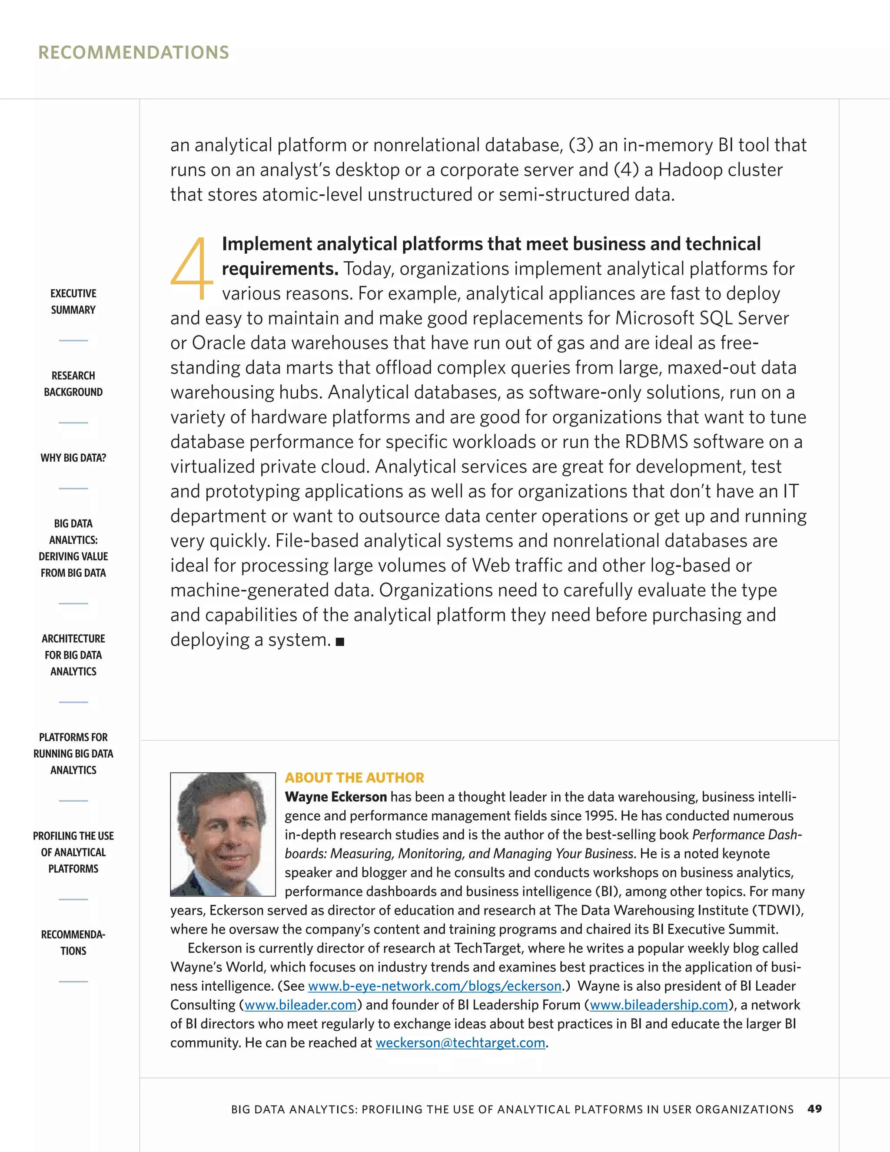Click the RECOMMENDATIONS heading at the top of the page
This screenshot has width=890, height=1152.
[x=133, y=52]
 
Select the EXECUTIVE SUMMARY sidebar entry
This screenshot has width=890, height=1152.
[x=73, y=301]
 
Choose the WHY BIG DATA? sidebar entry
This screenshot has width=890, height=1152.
[x=73, y=458]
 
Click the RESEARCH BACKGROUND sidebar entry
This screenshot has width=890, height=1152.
[x=73, y=383]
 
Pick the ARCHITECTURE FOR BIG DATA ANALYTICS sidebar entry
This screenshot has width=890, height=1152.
[x=73, y=655]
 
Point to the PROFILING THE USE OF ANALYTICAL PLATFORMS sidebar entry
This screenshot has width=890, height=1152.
[x=73, y=852]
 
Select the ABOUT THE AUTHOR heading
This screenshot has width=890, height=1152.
[x=354, y=778]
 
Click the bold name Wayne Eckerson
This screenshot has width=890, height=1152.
[x=336, y=796]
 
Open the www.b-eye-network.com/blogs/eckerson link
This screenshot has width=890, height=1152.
[x=435, y=986]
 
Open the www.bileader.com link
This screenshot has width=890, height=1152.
[x=301, y=1005]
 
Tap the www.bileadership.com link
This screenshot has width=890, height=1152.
[x=658, y=1005]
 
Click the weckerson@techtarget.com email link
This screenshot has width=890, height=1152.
[x=460, y=1043]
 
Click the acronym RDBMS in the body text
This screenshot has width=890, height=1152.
[x=656, y=442]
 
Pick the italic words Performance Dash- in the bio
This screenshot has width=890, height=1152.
[x=747, y=835]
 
